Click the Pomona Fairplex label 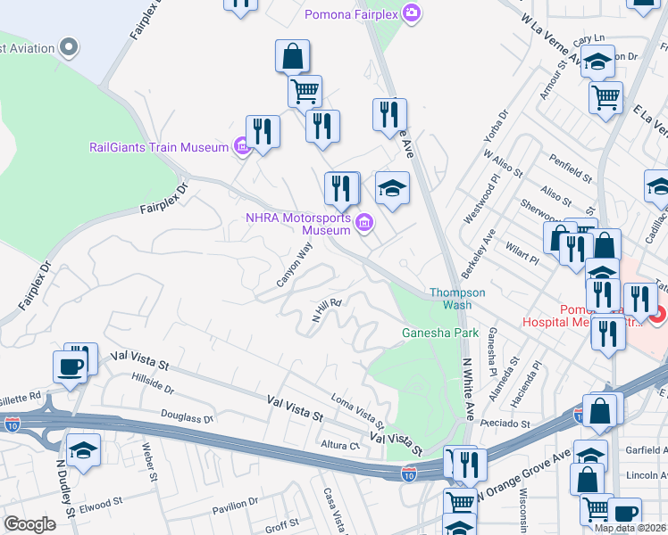350,13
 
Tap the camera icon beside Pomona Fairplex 411,13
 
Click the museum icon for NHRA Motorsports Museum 364,222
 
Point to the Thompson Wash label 457,299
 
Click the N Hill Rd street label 327,309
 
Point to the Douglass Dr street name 188,416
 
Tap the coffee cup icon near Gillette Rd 70,366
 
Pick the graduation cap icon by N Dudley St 83,449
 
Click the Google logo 29,523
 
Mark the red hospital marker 657,315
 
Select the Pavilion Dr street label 234,506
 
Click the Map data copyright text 630,528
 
